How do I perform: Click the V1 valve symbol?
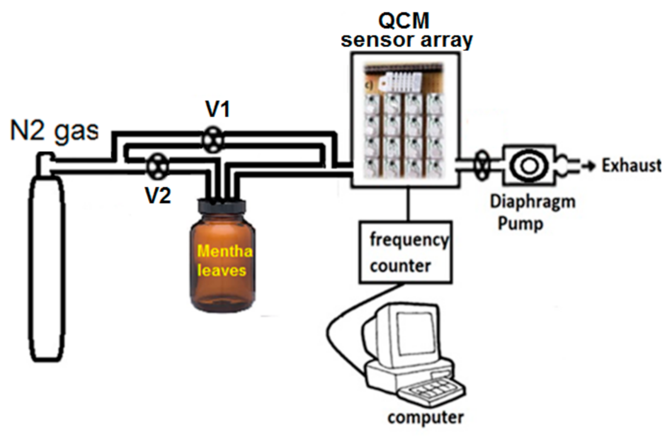point(212,139)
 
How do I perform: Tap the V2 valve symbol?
point(157,166)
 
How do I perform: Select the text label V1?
point(217,109)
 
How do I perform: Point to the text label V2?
point(157,195)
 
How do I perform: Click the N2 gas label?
point(54,130)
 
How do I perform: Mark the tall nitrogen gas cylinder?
point(47,264)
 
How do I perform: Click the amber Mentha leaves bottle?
point(223,264)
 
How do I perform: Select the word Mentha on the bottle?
point(224,251)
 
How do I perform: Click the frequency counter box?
point(405,252)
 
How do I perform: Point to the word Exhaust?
point(632,165)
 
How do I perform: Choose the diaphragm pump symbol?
point(529,165)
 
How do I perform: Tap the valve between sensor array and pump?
point(482,165)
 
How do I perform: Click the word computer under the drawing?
point(425,417)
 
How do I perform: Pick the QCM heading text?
point(404,20)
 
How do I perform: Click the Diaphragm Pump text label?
point(532,212)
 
